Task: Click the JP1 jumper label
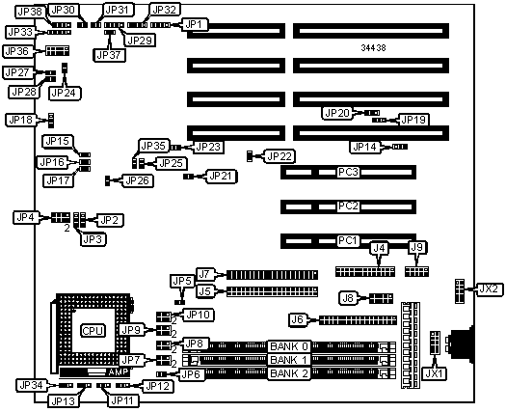[196, 24]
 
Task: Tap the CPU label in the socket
[93, 331]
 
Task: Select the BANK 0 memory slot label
[289, 346]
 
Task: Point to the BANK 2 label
[289, 373]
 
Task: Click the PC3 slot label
[348, 172]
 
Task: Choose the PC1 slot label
[348, 241]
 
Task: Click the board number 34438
[373, 48]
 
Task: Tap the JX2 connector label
[491, 288]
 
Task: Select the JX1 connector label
[435, 373]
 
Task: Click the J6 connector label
[298, 320]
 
